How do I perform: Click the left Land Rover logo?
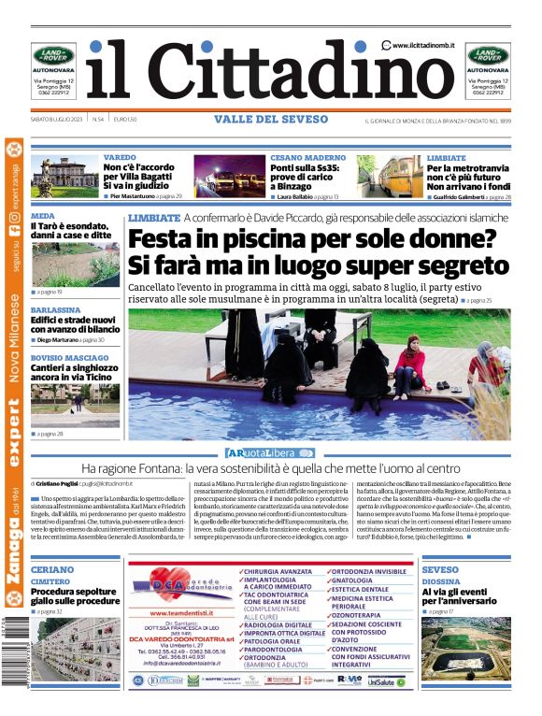point(53,55)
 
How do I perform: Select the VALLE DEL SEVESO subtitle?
point(271,120)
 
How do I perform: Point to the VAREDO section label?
point(120,158)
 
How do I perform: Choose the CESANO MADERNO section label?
point(307,158)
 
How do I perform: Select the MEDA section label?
point(42,215)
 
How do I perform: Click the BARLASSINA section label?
point(55,308)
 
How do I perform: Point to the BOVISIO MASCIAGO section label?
point(69,358)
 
